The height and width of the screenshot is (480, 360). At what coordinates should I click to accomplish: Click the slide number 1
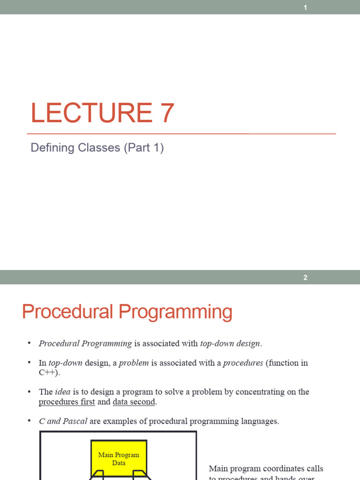[305, 7]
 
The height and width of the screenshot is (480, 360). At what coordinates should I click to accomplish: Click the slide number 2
[305, 277]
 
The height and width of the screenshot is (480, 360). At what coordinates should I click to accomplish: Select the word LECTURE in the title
[89, 113]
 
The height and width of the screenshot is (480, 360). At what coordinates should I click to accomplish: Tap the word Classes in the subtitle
[99, 148]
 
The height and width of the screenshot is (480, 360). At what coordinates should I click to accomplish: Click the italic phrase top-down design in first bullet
[230, 344]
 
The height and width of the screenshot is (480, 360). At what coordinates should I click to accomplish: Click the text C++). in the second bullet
[49, 373]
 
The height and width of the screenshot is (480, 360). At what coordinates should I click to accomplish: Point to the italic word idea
[63, 392]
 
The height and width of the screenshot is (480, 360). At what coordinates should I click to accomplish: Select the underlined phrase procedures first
[67, 402]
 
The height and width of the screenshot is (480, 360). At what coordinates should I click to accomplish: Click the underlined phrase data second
[134, 402]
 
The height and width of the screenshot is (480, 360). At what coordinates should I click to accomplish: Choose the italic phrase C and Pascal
[63, 421]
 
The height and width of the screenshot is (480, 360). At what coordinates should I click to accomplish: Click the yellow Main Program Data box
[119, 457]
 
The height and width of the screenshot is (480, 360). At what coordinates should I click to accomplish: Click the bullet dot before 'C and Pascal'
[29, 421]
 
